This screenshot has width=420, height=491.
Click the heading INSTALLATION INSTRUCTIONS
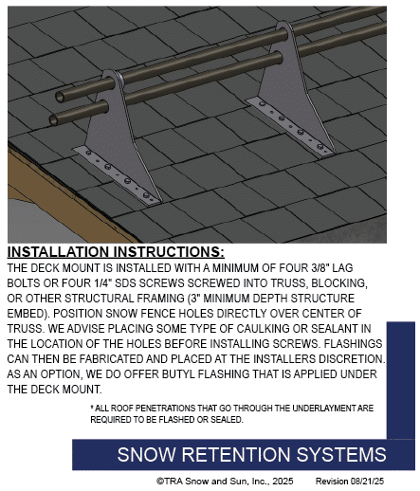coord(116,252)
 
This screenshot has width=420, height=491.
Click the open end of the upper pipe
coord(60,97)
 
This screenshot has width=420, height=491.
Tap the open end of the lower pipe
coord(54,120)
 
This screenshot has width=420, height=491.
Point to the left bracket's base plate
coord(117,175)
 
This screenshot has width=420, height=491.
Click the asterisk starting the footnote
coord(92,407)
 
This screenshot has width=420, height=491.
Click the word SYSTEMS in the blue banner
coord(341,454)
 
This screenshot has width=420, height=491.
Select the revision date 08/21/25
coord(367,482)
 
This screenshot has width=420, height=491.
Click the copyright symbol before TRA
coord(160,482)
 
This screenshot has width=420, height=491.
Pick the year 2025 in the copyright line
coord(283,482)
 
